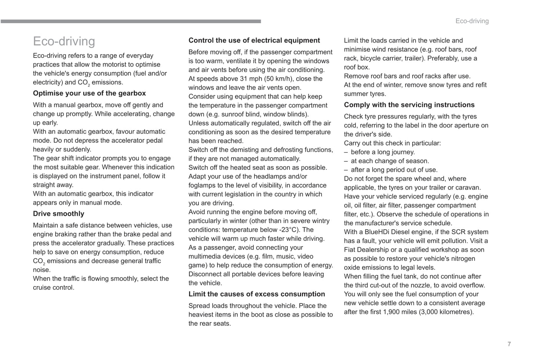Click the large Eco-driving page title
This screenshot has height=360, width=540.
[64, 41]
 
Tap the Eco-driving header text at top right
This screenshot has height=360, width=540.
[472, 21]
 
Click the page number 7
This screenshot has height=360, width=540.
[509, 344]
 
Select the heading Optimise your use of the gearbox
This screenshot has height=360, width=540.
[89, 93]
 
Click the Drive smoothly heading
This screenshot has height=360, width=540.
[58, 214]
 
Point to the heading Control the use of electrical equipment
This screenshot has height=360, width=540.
[254, 40]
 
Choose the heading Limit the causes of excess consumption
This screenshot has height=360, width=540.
[257, 294]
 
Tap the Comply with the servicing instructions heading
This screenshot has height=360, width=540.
[409, 105]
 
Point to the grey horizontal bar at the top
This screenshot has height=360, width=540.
[131, 21]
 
